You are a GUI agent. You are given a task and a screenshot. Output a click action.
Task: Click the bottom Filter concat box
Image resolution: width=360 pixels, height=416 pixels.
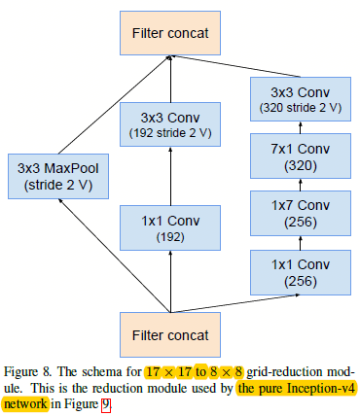172,335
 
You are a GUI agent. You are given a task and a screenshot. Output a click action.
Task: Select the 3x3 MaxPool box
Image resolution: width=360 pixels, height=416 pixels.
59,174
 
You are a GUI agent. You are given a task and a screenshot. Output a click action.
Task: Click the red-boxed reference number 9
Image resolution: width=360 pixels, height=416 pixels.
107,402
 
